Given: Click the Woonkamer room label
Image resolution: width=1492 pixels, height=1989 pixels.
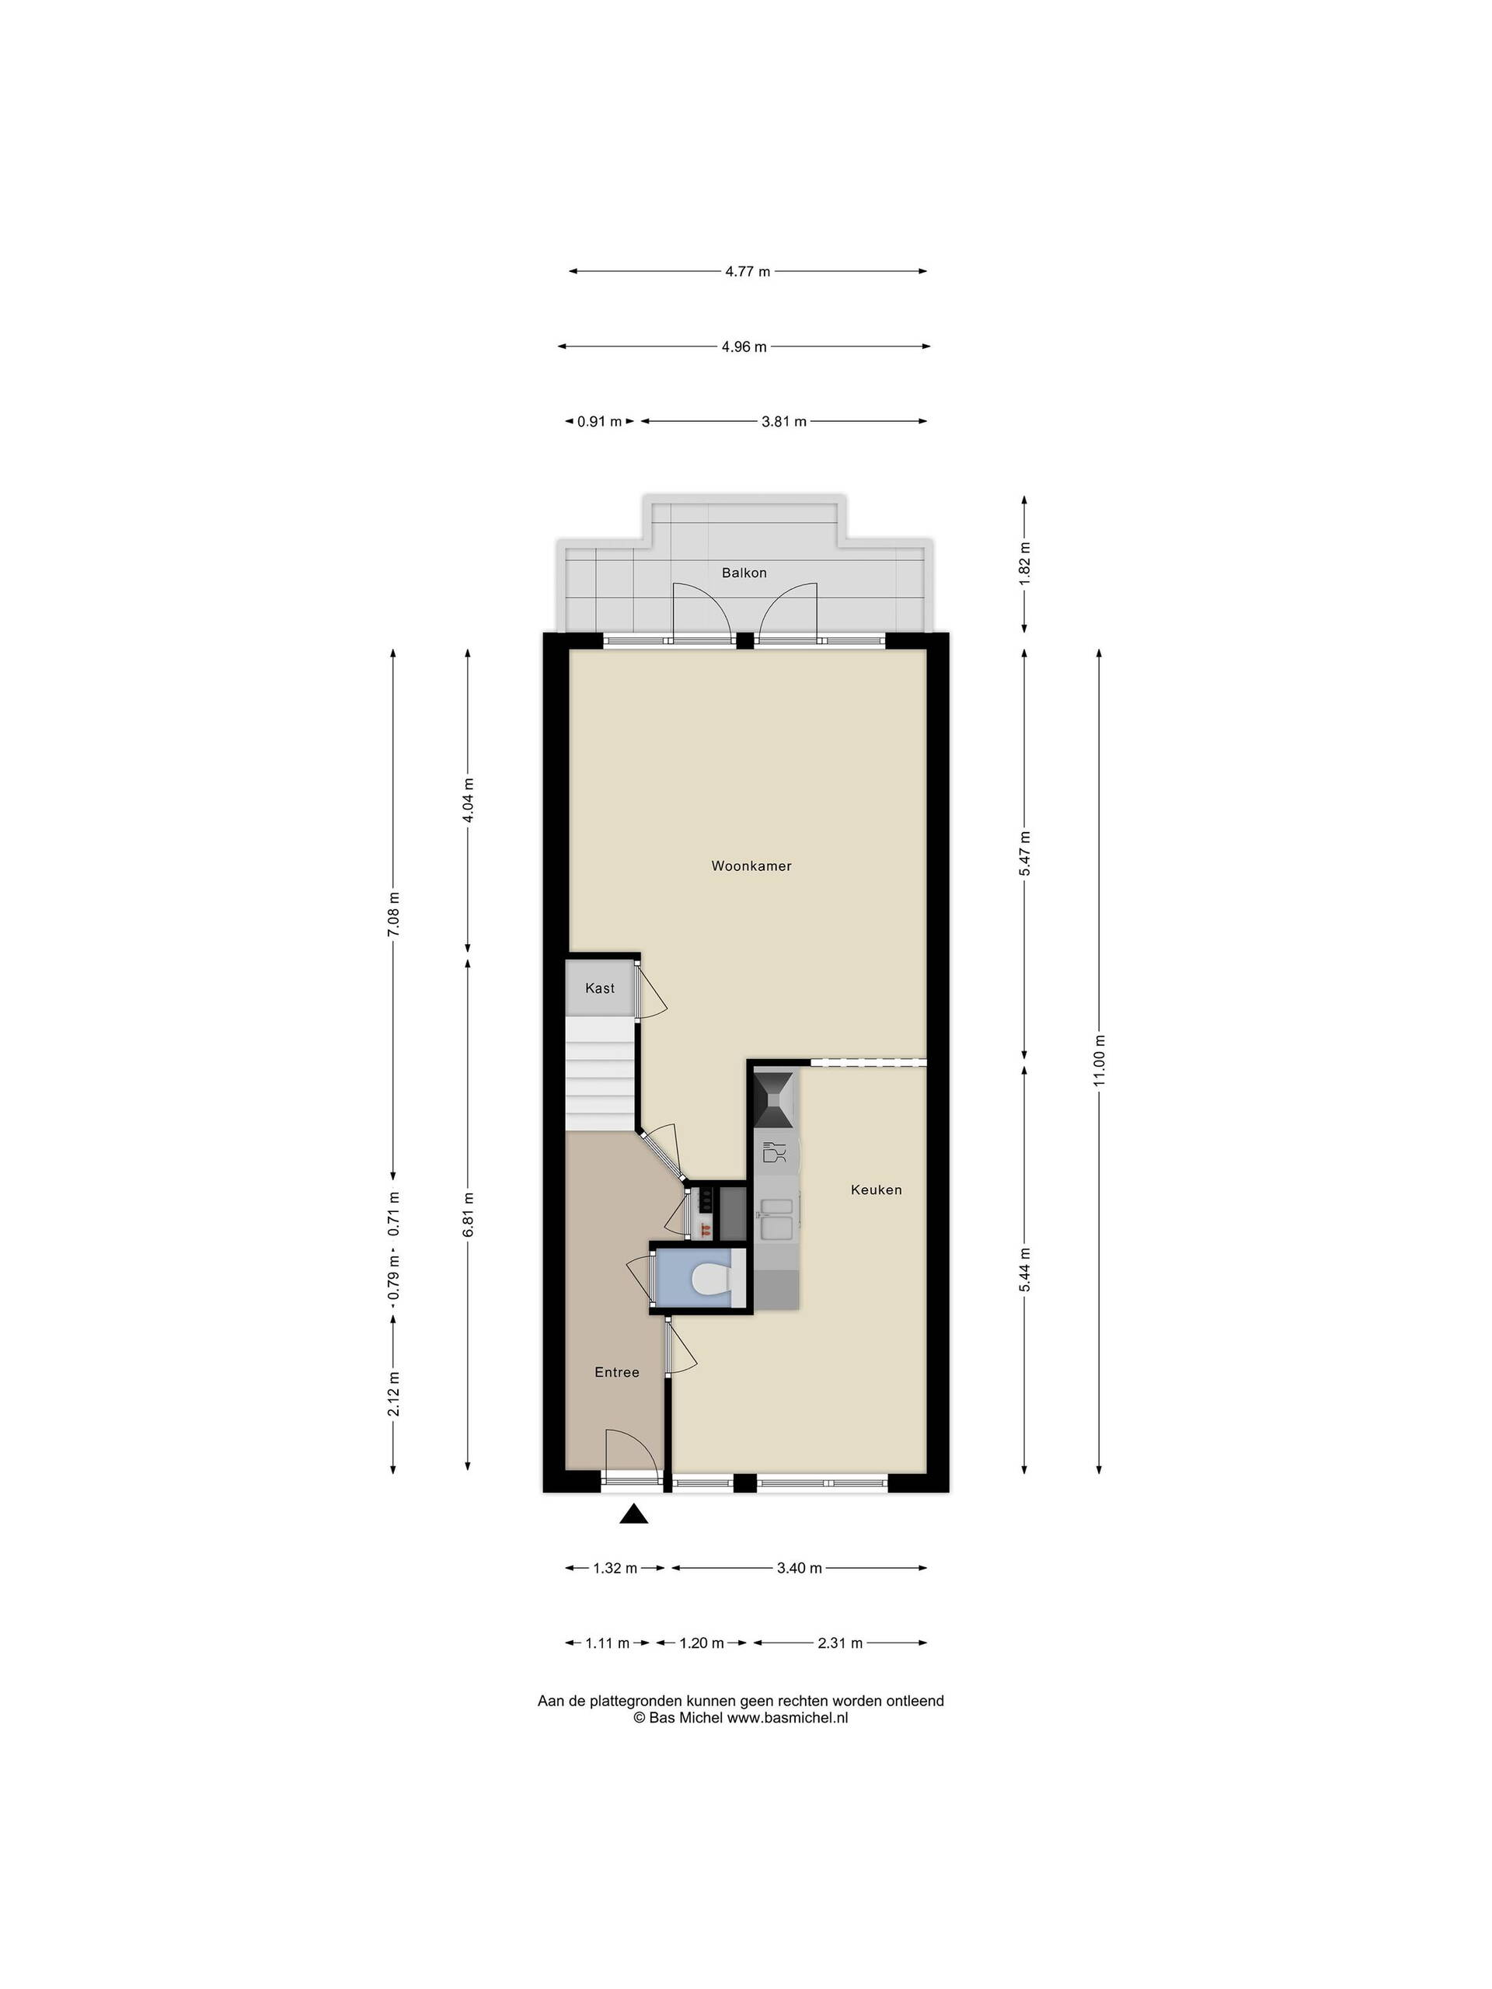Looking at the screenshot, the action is pyautogui.click(x=751, y=866).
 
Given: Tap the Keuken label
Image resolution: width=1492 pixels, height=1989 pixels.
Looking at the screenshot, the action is pyautogui.click(x=876, y=1190).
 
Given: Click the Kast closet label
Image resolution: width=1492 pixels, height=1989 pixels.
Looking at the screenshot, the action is pyautogui.click(x=600, y=988).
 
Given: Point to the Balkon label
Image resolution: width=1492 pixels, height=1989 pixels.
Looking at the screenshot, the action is pyautogui.click(x=744, y=573).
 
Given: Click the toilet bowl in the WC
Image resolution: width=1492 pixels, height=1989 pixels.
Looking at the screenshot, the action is pyautogui.click(x=714, y=1280).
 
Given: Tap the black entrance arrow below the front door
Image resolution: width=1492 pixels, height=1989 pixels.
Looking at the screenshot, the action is pyautogui.click(x=634, y=1516).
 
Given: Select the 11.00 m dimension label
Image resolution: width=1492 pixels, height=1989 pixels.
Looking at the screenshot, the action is pyautogui.click(x=1099, y=1061).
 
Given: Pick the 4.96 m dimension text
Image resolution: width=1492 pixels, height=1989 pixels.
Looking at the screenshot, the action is pyautogui.click(x=744, y=347).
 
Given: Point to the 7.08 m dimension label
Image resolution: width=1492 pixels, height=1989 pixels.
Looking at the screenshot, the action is pyautogui.click(x=393, y=914).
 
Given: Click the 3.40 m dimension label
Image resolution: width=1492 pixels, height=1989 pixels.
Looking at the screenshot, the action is pyautogui.click(x=800, y=1568).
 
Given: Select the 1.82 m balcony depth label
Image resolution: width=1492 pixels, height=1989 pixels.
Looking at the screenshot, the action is pyautogui.click(x=1024, y=563).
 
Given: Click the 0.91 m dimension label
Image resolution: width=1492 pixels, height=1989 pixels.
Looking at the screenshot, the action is pyautogui.click(x=599, y=421).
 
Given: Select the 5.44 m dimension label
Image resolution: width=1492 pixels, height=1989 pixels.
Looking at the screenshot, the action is pyautogui.click(x=1024, y=1270).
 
